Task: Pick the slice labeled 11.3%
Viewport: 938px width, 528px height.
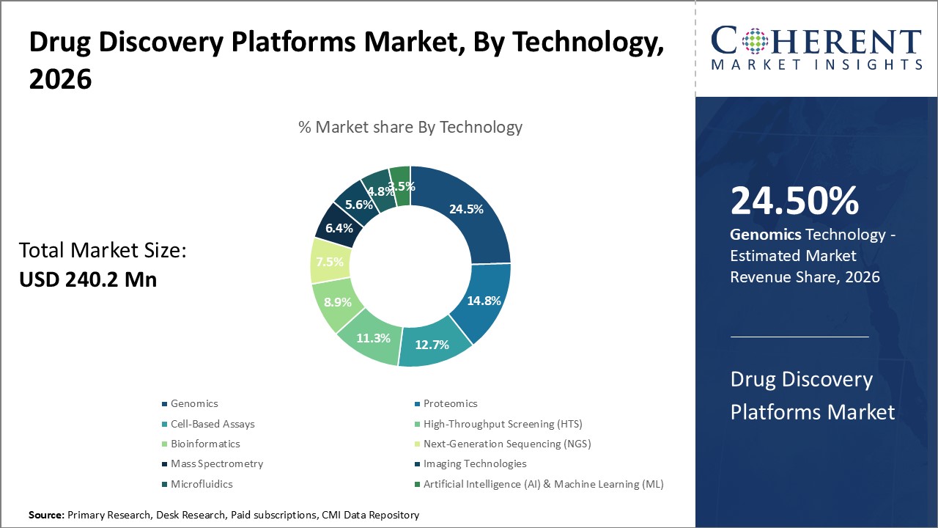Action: click(373, 338)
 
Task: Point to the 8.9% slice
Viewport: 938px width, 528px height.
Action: click(338, 302)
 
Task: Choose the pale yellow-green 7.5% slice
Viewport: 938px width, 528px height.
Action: click(330, 263)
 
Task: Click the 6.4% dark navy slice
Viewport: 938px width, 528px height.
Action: click(339, 228)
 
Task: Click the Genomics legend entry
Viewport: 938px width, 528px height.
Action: click(194, 403)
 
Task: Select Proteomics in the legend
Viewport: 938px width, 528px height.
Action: click(450, 403)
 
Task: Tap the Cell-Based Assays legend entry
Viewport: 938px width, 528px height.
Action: click(213, 424)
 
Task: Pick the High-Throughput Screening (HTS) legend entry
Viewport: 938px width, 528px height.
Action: click(503, 424)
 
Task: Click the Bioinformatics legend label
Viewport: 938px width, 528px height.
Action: click(205, 444)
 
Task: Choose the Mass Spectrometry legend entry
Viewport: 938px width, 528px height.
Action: click(217, 463)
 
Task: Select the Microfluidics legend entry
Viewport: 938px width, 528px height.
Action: click(202, 484)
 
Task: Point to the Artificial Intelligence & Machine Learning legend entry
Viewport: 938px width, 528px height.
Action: click(543, 484)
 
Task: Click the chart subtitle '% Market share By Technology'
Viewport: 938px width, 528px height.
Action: click(410, 127)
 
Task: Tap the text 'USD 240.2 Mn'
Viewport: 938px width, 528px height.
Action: click(88, 279)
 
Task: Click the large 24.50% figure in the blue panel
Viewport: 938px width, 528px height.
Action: click(794, 202)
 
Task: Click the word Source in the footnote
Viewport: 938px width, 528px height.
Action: click(46, 515)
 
